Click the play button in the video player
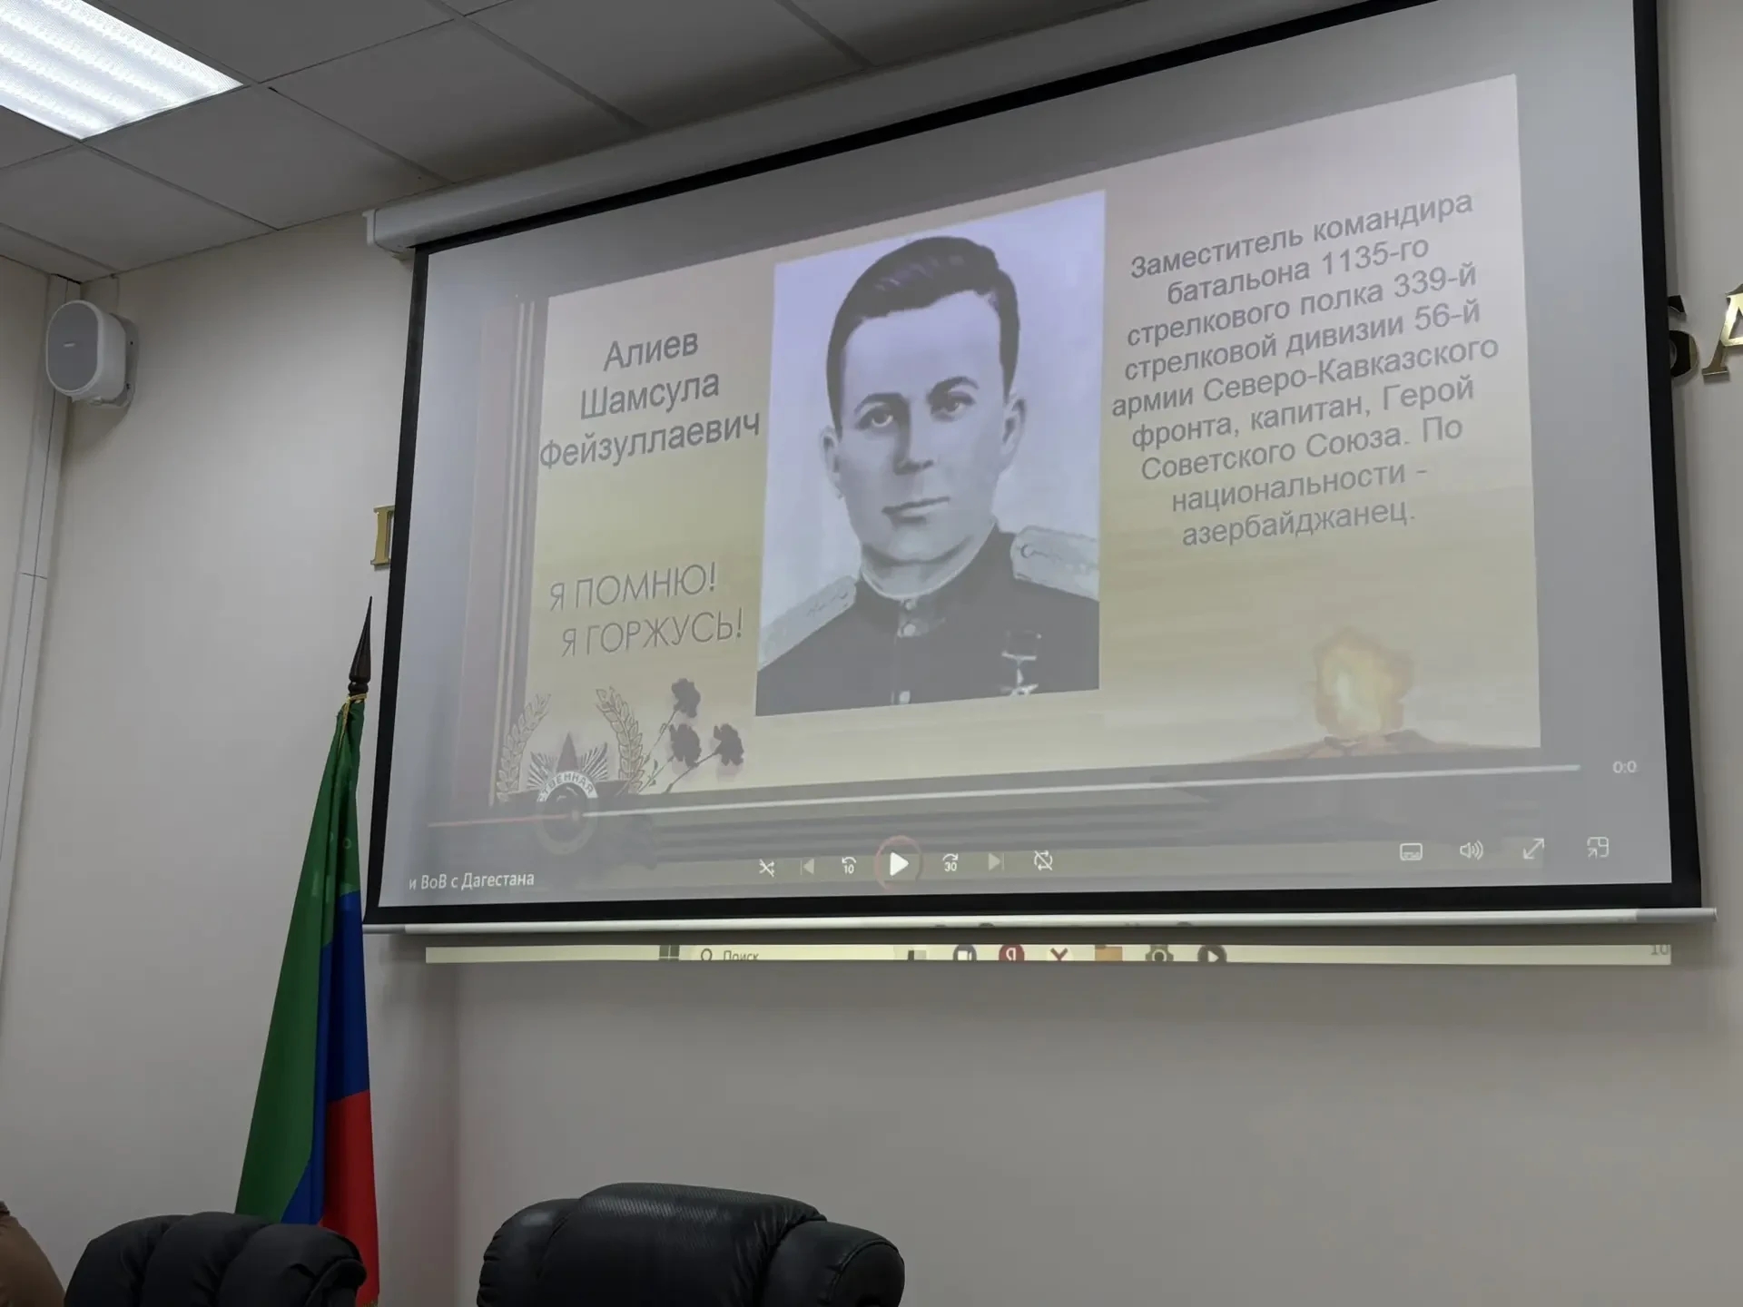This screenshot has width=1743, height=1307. [x=898, y=863]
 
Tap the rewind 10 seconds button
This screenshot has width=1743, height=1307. [x=848, y=865]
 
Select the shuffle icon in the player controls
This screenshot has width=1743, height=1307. [x=767, y=868]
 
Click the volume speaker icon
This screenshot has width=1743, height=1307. [x=1471, y=850]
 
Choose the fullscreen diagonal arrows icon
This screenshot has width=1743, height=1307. [x=1533, y=850]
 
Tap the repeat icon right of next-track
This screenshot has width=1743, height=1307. [x=1043, y=860]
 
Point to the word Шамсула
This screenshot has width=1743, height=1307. [x=649, y=393]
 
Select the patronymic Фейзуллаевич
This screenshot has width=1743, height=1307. [x=648, y=441]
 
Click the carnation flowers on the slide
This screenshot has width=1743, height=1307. [x=699, y=731]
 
